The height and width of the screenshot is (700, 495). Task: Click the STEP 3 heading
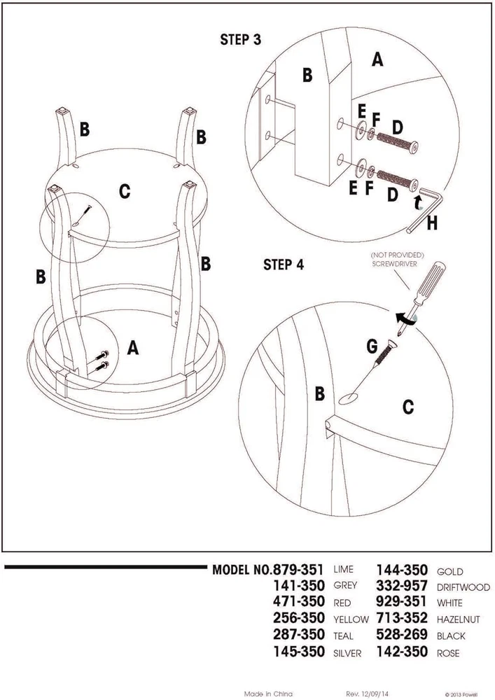240,40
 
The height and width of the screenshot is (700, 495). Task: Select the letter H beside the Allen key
431,224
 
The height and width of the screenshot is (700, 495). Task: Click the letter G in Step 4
372,346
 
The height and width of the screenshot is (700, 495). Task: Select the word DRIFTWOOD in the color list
463,587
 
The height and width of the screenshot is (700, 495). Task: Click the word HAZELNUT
459,620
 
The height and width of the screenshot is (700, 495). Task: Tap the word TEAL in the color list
344,636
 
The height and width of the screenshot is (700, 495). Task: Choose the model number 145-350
299,652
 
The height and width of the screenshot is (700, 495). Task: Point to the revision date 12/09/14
376,693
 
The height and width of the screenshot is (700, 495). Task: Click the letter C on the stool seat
124,191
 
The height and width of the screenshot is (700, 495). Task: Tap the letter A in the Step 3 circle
377,60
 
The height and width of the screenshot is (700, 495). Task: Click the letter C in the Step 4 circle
408,405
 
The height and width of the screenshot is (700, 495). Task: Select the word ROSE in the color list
448,652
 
